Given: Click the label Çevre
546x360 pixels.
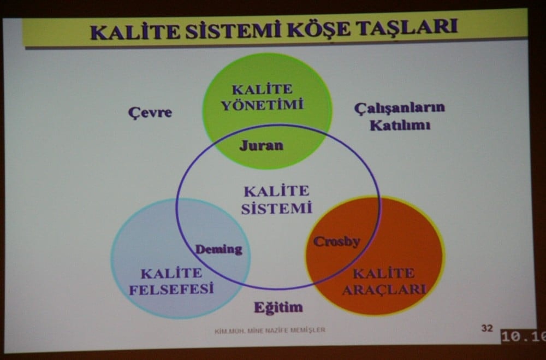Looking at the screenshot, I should tap(150, 113).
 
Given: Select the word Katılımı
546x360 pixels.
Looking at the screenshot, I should tap(400, 125).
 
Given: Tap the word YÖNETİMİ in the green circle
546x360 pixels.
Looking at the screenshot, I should tap(262, 105).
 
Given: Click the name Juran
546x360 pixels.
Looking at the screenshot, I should tap(261, 145).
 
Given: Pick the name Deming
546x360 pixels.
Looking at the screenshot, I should tap(218, 250).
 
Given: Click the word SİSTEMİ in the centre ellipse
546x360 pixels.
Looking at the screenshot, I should tap(276, 208).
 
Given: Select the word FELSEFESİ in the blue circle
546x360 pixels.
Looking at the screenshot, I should tap(171, 289).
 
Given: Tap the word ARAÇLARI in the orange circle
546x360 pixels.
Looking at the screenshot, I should tap(384, 290).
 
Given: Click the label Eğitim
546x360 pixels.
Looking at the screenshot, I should tap(278, 307).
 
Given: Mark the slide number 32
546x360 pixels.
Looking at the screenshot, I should tap(486, 328).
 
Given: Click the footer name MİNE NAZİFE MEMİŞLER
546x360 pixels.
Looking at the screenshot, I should tap(292, 330).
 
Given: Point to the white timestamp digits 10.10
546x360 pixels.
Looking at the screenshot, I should tap(524, 337).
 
